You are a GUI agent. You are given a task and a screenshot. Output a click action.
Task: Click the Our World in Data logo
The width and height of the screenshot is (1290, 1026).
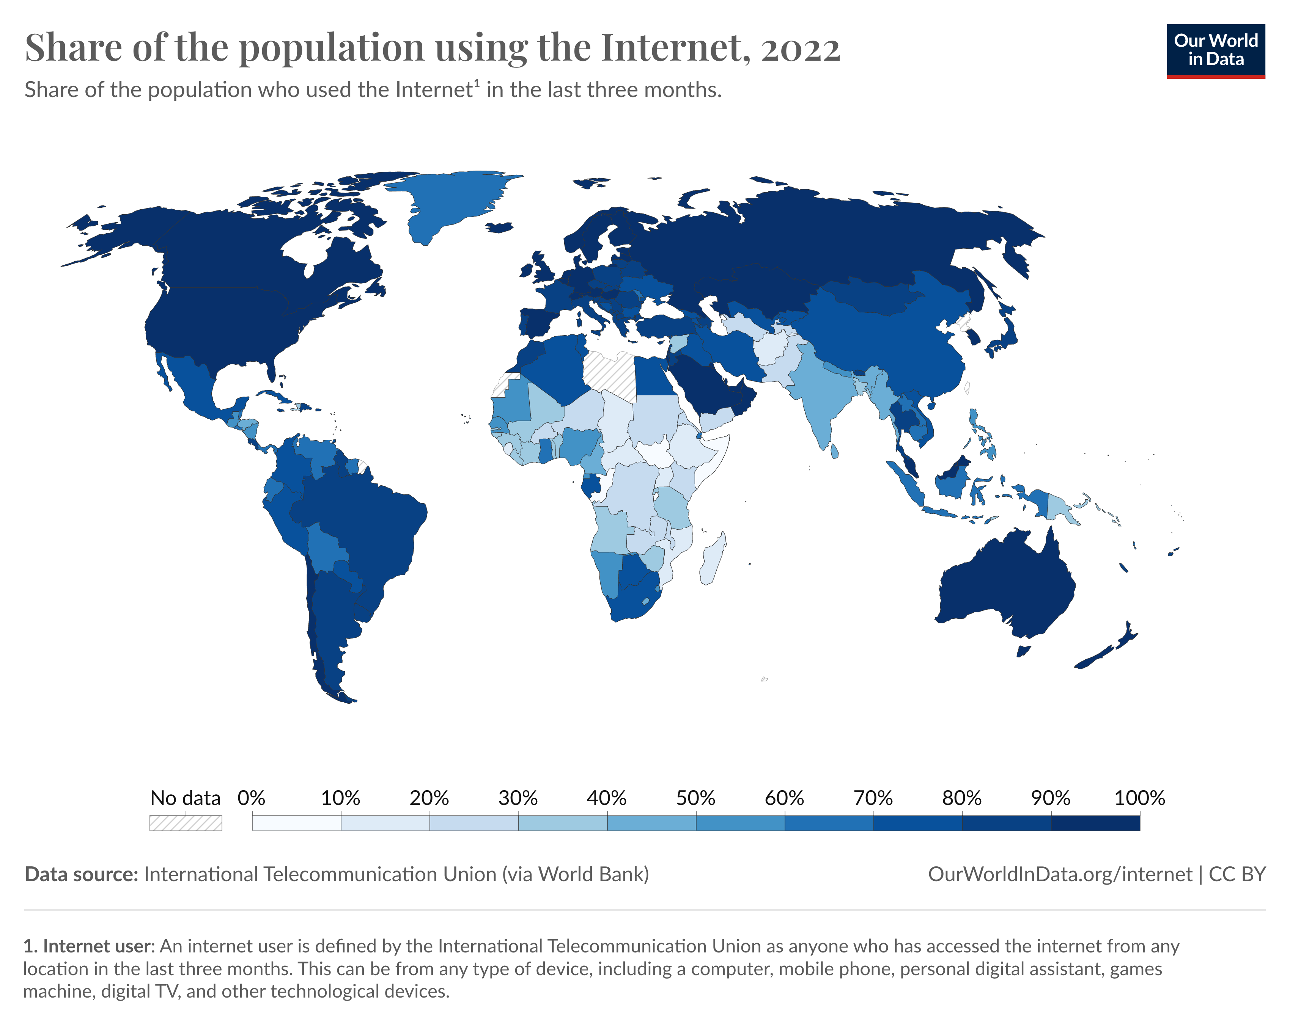[1215, 51]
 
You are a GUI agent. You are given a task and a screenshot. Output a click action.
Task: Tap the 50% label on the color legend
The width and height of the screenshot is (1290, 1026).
[695, 798]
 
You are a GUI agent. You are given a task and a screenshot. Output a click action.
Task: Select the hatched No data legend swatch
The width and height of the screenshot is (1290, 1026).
[186, 823]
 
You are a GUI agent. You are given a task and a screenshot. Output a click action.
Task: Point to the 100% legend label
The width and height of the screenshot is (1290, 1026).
[1139, 798]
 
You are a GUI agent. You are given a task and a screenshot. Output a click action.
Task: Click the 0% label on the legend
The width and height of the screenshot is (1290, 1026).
[251, 798]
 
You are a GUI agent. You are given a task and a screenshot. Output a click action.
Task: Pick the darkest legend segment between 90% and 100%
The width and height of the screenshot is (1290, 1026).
[1095, 823]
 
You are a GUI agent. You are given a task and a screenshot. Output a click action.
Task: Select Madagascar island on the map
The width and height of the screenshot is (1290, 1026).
[713, 559]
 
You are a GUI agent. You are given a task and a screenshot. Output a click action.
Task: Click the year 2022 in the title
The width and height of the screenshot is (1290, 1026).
[801, 48]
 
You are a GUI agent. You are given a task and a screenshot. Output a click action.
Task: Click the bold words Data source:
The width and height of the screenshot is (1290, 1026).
[81, 874]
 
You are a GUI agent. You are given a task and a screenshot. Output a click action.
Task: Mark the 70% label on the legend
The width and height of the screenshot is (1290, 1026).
[873, 798]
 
